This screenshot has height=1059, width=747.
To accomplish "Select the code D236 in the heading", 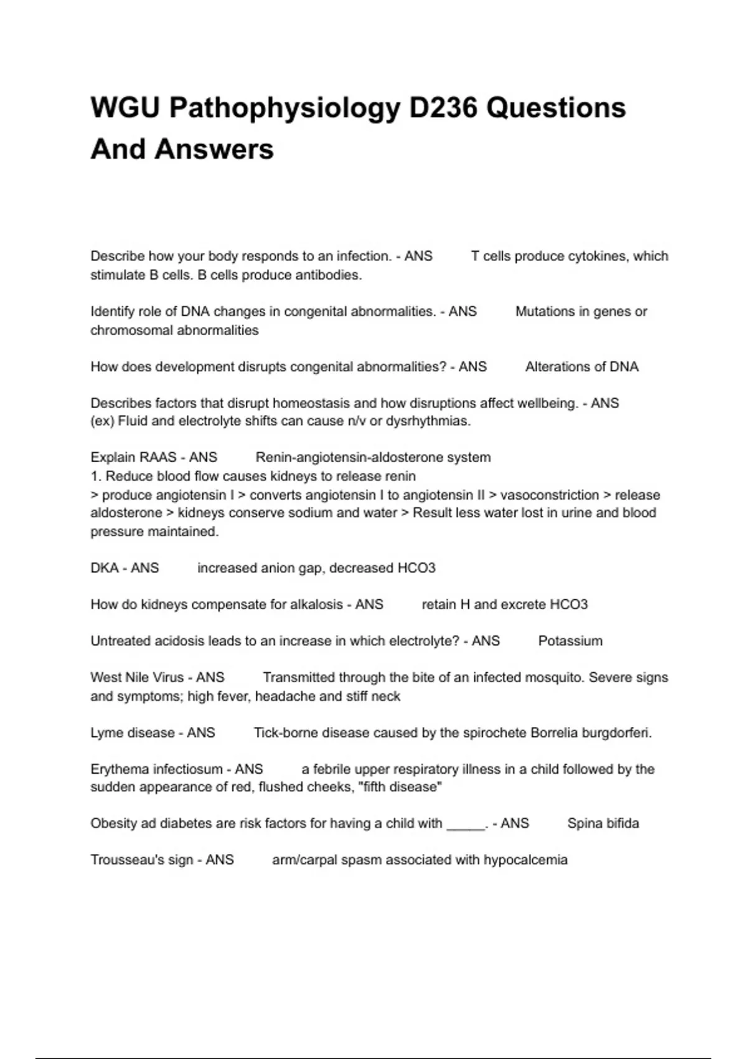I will pos(443,108).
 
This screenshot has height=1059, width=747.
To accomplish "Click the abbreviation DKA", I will pos(105,568).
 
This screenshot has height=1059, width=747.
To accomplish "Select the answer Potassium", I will pos(570,641).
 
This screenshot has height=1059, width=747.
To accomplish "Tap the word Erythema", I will pos(118,769).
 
